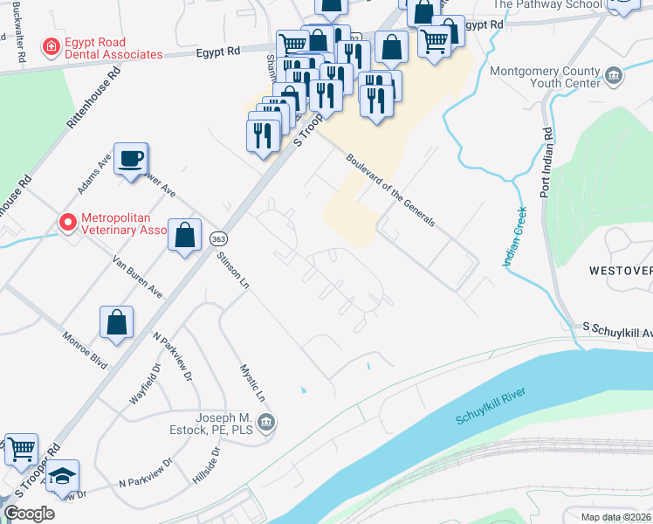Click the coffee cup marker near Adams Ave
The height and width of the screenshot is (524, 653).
[131, 159]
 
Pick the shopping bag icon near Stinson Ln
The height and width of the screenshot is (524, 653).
[185, 235]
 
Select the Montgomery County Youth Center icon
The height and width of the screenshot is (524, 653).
[615, 78]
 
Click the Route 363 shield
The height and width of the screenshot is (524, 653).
[217, 238]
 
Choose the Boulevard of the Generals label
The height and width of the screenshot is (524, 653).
[390, 190]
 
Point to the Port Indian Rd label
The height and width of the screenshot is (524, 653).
[546, 163]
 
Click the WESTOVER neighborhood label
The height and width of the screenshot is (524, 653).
[619, 271]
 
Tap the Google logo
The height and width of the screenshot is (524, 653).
[30, 514]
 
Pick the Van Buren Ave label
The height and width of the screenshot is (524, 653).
[138, 276]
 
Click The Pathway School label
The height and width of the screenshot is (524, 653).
[547, 4]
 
